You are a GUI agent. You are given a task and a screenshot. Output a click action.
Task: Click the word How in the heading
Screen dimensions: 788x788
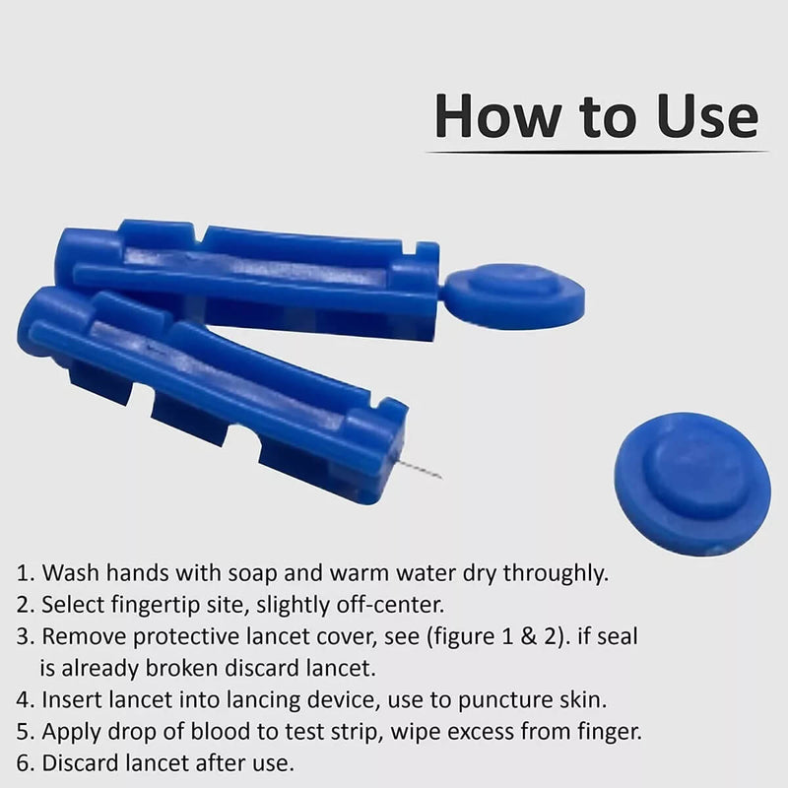[x=497, y=116]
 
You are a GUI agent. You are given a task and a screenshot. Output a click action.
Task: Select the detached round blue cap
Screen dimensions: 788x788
[x=692, y=483]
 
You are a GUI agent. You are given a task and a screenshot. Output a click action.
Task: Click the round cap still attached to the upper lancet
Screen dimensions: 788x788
[x=514, y=296]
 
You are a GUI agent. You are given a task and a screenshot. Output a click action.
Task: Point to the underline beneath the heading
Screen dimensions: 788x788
[x=597, y=152]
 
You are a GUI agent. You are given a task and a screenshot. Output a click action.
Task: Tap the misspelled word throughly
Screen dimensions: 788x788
[x=557, y=573]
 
